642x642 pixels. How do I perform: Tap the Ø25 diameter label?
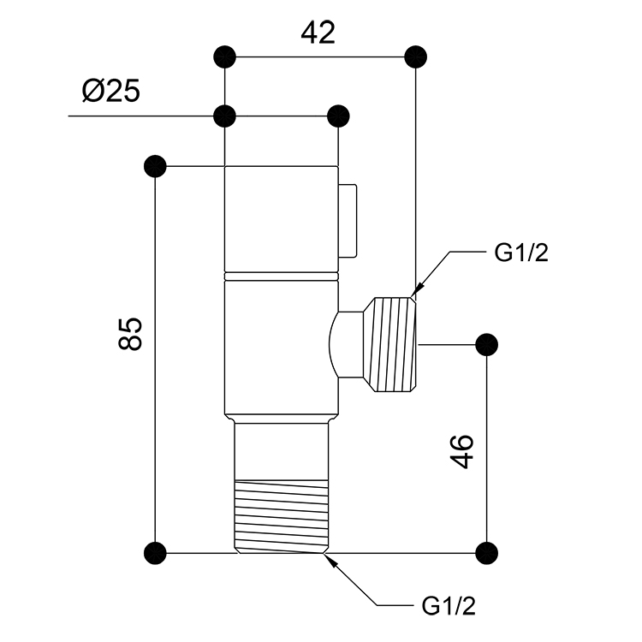tap(111, 91)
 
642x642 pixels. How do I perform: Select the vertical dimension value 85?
tap(130, 333)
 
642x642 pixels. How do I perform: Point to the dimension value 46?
tap(462, 451)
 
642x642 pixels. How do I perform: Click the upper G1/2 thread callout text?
tap(520, 253)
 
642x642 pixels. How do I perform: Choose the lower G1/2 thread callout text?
tap(449, 606)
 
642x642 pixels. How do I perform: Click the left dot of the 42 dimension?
tap(225, 56)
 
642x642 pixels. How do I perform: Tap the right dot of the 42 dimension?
tap(415, 56)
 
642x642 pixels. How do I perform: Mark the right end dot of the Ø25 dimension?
tap(338, 116)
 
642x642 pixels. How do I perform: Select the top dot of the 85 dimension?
tap(155, 166)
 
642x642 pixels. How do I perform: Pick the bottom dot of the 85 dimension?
tap(155, 553)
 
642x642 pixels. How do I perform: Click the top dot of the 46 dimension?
tap(487, 344)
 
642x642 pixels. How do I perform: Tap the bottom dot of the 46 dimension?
tap(487, 553)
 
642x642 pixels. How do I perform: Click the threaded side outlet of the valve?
tap(390, 344)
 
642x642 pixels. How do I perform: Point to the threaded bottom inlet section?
tap(282, 516)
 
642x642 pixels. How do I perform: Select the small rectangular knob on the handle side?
tap(348, 221)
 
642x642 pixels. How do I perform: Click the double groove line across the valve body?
tap(282, 276)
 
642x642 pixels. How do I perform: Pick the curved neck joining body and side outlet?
tap(347, 344)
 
